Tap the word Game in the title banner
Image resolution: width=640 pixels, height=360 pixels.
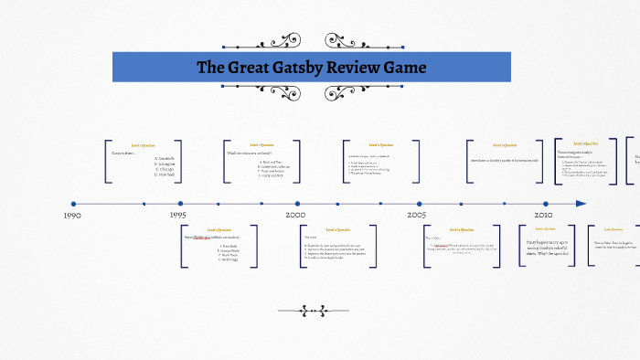pos(402,68)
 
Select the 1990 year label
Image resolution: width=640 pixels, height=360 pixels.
pos(72,216)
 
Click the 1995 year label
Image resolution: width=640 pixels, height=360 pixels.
pos(179,216)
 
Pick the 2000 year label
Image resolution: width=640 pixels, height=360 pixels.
pos(296,216)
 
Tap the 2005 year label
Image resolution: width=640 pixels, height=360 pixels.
pos(417,216)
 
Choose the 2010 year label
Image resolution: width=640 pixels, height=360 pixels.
pos(543,216)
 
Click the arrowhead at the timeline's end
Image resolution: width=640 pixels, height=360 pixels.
pos(581,204)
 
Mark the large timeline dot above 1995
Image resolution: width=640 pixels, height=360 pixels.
pos(180,204)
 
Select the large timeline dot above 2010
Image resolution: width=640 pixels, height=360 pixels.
pos(546,204)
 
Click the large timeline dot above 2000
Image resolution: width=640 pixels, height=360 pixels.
pos(297,204)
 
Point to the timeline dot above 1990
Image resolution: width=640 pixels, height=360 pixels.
pos(73,204)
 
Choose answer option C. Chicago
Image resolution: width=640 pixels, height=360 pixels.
pos(165,170)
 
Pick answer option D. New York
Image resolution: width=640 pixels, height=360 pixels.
pos(165,175)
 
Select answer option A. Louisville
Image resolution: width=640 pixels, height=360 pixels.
pos(165,158)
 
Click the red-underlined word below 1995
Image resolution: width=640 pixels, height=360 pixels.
pos(201,238)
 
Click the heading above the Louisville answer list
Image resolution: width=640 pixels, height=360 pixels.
pos(144,144)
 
